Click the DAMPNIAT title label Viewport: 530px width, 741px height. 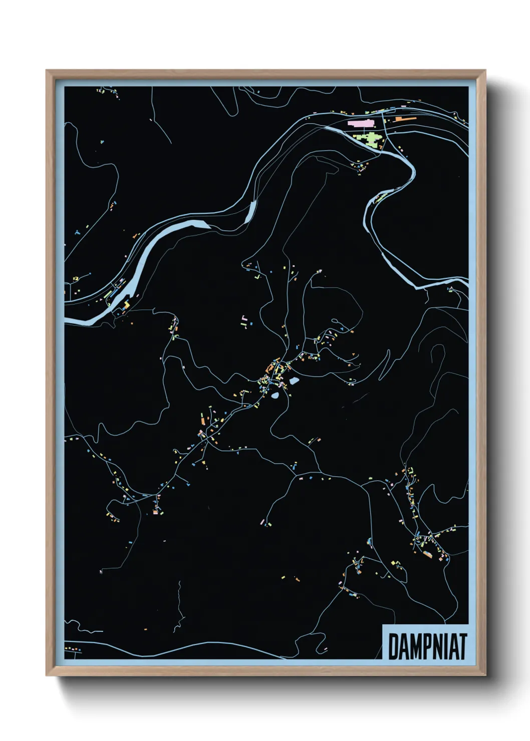tap(427, 646)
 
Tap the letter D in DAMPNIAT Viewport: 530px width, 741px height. tap(393, 647)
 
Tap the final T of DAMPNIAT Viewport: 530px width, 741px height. tap(462, 647)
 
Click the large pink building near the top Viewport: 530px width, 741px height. tap(360, 122)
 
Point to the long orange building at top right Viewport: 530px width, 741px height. tap(406, 119)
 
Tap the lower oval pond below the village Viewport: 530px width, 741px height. tap(275, 396)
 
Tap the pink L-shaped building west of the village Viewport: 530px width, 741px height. tap(243, 319)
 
